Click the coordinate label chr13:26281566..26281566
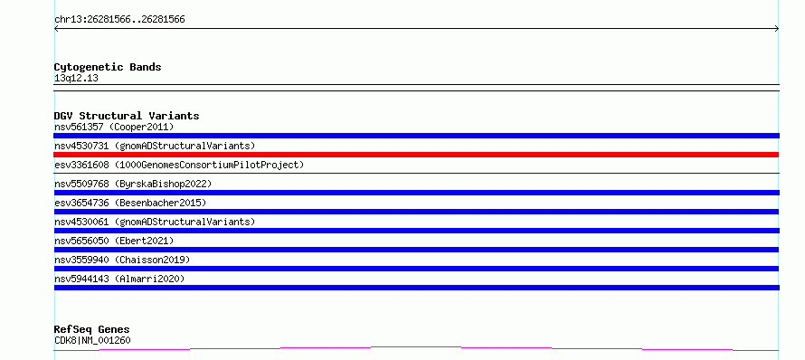[119, 20]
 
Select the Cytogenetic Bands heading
[108, 67]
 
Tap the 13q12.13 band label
[76, 79]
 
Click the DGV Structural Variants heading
[127, 116]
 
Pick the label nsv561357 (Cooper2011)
[114, 127]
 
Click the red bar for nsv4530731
[416, 155]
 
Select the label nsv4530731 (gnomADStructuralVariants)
[155, 146]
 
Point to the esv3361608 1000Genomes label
[179, 165]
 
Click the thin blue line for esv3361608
[416, 173]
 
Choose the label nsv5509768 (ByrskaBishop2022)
[133, 184]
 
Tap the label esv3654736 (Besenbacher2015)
[130, 203]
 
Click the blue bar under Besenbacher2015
[416, 212]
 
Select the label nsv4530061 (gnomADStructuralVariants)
[155, 222]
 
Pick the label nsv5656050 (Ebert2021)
[114, 241]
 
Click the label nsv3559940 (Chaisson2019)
[122, 260]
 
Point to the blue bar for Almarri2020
[416, 288]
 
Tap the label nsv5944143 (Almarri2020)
[119, 279]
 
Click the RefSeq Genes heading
[92, 329]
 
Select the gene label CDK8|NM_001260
[92, 340]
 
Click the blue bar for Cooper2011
[416, 136]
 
